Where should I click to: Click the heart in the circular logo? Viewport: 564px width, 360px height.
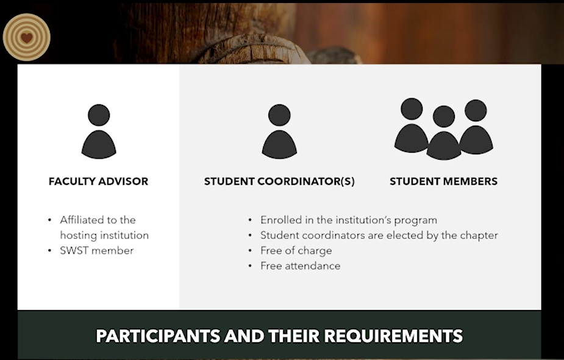tap(26, 37)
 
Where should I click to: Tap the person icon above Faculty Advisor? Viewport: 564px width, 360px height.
tap(99, 131)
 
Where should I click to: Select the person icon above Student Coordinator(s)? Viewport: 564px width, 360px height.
tap(279, 131)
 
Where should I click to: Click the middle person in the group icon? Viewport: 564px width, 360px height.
tap(443, 132)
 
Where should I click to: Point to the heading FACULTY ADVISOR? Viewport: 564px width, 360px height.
tap(98, 181)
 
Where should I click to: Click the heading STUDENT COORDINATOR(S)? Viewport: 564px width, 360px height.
tap(279, 181)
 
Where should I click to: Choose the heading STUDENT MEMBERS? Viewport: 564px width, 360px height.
tap(443, 181)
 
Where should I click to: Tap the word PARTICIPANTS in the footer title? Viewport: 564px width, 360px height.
tap(158, 336)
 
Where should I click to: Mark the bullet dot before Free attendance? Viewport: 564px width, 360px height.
tap(250, 266)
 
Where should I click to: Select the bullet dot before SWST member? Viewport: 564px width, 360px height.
tap(49, 251)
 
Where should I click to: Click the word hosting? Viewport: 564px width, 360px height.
tap(77, 236)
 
